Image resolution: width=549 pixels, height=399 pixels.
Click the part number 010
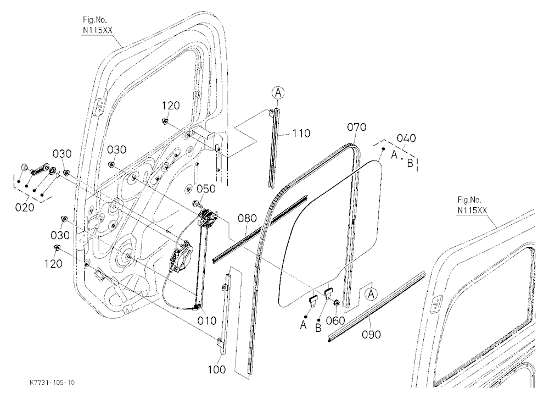207,320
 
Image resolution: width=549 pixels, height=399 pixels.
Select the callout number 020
25,207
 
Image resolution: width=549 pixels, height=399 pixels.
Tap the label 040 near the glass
406,138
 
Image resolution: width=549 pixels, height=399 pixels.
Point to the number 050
206,189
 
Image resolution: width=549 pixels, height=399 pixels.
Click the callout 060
335,320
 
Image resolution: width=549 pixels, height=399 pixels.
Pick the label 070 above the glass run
356,127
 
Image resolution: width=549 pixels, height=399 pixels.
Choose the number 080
247,218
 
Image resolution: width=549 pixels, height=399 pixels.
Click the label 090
371,335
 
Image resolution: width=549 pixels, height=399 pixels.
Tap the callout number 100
217,369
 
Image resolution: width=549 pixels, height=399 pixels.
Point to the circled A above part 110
278,93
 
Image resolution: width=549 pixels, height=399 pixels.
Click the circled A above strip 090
371,294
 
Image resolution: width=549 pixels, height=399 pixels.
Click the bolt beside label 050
196,203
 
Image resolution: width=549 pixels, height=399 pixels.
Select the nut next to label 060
335,303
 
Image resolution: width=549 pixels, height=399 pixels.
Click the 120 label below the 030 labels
53,263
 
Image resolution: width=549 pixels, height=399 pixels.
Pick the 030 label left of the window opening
116,149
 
